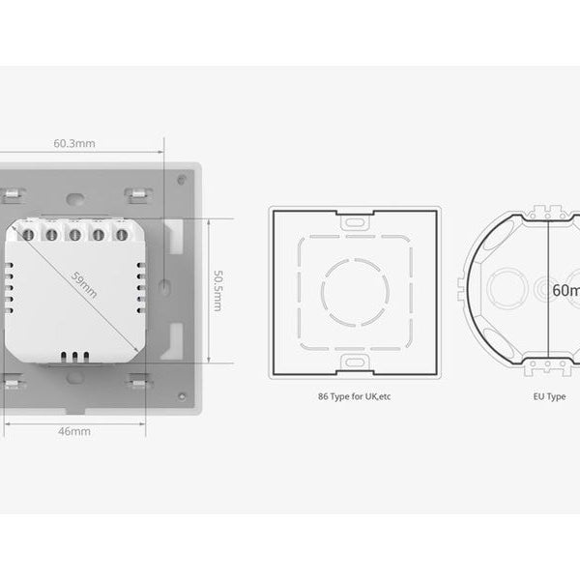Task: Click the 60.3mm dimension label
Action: point(74,144)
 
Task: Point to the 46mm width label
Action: point(74,431)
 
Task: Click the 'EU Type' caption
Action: point(549,397)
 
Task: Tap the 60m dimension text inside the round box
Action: point(565,290)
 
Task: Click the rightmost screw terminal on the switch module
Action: point(122,233)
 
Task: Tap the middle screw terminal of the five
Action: point(75,233)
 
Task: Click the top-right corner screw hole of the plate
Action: point(181,178)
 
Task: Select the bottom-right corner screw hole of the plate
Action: point(181,396)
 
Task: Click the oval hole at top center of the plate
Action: point(74,199)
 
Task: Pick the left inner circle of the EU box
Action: point(504,289)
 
